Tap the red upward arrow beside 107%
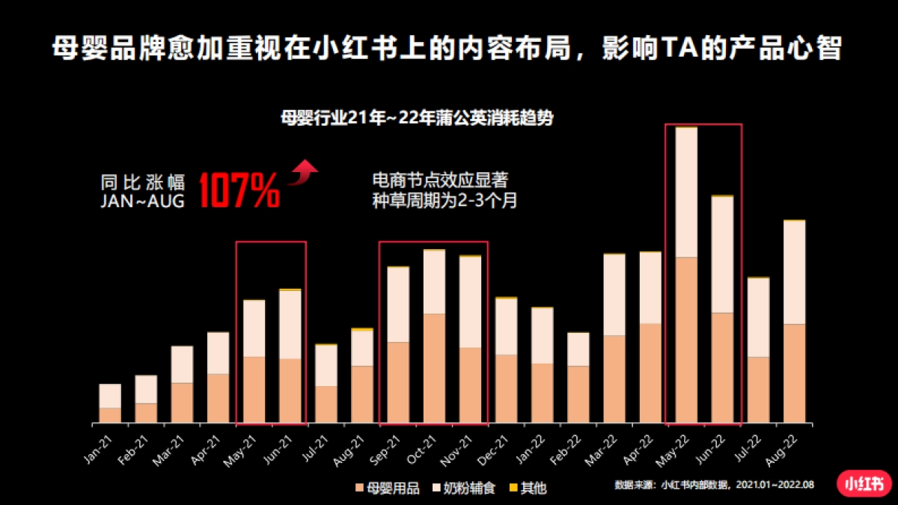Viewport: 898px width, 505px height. point(303,171)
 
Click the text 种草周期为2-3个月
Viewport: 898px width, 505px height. point(445,201)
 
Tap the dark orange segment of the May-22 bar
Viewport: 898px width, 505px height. point(686,340)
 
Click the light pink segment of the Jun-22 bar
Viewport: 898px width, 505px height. point(722,254)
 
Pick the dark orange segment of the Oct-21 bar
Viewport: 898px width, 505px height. point(435,368)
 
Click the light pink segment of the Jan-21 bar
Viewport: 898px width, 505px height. point(110,396)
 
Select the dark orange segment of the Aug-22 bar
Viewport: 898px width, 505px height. point(794,373)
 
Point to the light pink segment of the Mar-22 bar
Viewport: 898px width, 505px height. point(614,295)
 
